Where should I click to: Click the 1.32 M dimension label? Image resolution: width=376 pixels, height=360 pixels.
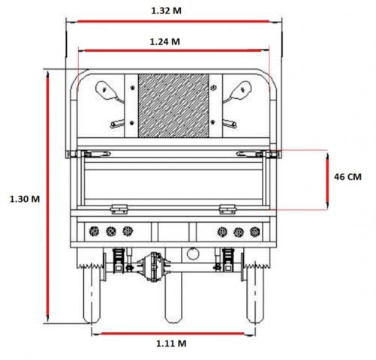[167, 10]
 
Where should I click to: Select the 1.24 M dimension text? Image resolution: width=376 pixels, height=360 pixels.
[165, 41]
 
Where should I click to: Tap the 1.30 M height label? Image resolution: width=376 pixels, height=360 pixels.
[25, 199]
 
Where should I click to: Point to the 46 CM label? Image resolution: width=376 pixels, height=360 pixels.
[347, 177]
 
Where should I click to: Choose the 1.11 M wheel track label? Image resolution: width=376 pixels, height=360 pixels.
[171, 343]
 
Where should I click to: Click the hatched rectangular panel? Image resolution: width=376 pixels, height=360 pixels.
[173, 106]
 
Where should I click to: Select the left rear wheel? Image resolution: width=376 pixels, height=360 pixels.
[92, 295]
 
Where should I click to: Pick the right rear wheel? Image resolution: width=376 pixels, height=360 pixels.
[255, 295]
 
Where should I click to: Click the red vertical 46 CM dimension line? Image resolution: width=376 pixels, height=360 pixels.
[327, 181]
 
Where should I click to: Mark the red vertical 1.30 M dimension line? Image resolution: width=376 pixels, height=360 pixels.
[47, 196]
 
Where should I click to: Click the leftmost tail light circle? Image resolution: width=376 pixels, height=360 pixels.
[94, 232]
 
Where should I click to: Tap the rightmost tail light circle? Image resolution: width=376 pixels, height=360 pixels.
[254, 232]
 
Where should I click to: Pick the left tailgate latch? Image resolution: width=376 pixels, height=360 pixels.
[119, 209]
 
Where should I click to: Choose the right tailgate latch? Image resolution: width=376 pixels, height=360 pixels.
[228, 209]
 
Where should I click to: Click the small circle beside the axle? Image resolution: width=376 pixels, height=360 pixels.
[193, 253]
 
